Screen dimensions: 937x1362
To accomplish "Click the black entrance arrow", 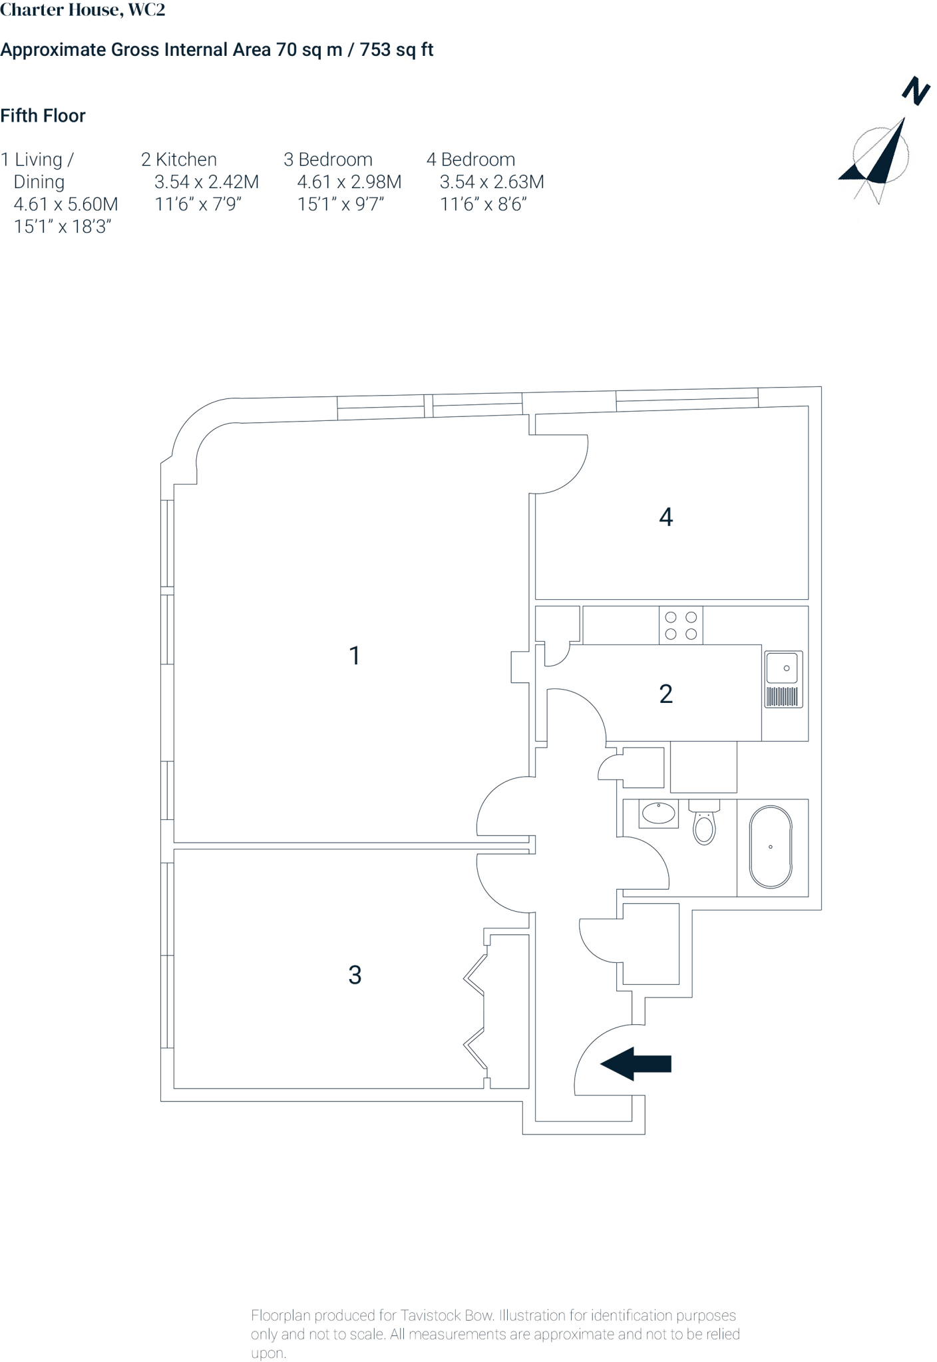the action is click(x=636, y=1063).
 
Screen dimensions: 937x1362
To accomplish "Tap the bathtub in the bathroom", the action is click(x=771, y=847).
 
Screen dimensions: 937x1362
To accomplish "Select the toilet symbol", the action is click(x=704, y=823).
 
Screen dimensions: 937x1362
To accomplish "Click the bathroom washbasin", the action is click(x=658, y=813).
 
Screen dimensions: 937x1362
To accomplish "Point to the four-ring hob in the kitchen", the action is click(x=681, y=625).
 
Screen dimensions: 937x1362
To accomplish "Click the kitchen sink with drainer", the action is click(x=783, y=679).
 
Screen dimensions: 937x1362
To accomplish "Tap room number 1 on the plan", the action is click(x=355, y=656).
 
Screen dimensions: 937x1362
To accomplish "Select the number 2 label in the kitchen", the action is click(x=665, y=694).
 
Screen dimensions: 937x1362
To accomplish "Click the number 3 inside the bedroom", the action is click(x=355, y=975).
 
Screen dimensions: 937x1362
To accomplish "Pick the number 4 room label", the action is click(x=665, y=517).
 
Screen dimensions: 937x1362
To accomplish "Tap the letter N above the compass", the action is click(x=916, y=91).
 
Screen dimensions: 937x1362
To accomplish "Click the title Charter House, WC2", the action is click(x=83, y=10).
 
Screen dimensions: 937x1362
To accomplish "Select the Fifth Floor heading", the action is click(x=43, y=116).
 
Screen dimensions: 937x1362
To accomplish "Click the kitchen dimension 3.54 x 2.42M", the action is click(x=206, y=182).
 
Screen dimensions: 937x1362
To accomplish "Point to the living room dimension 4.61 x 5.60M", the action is click(x=66, y=204).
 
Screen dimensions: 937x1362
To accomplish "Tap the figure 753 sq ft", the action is click(x=397, y=50).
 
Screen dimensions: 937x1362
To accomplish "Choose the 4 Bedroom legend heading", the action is click(x=470, y=160).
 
